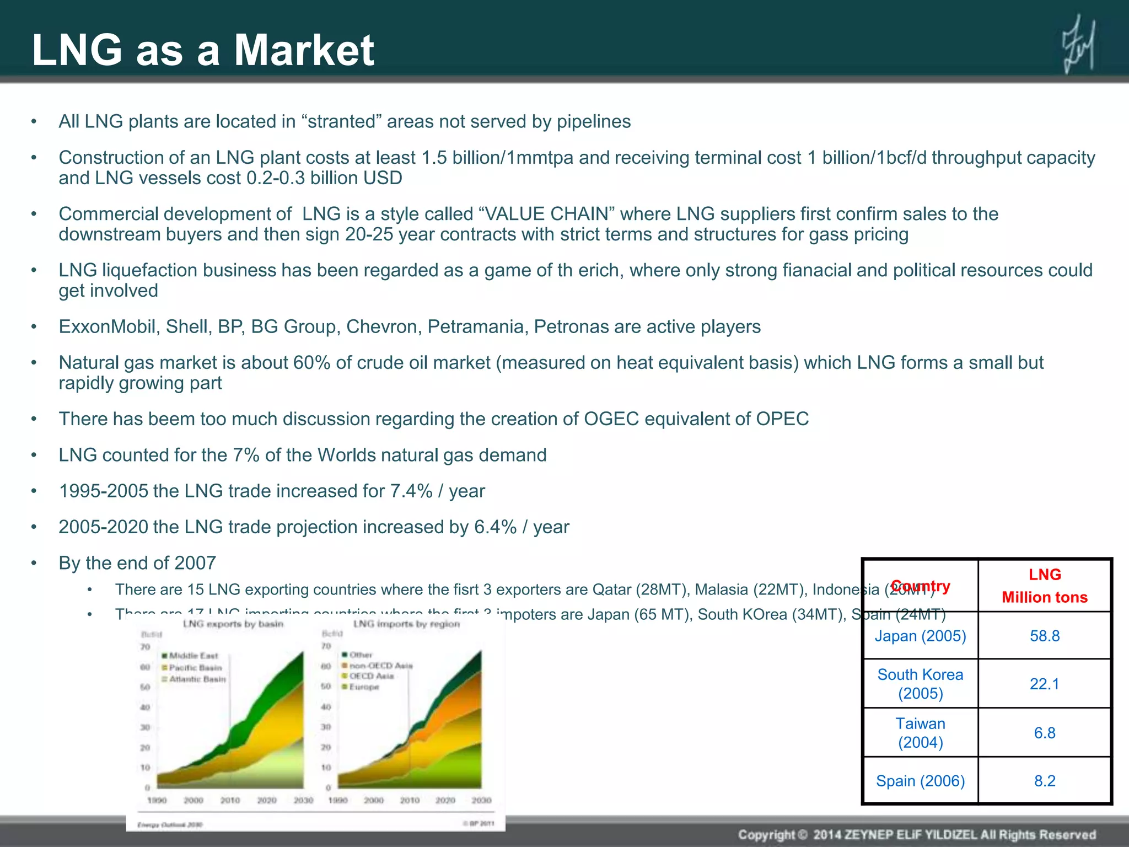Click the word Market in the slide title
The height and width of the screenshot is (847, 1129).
(x=304, y=50)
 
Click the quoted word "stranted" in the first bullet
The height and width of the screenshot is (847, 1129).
(x=342, y=121)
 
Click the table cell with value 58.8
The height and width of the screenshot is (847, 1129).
(x=1044, y=636)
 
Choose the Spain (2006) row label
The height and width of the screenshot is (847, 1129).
(x=920, y=781)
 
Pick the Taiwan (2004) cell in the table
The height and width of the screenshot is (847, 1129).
(x=920, y=733)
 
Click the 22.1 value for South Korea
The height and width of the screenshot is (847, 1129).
(x=1044, y=684)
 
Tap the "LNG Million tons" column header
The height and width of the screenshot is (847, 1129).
(x=1044, y=586)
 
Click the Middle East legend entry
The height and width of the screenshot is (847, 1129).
(x=193, y=656)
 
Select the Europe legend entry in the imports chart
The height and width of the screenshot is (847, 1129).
(x=363, y=687)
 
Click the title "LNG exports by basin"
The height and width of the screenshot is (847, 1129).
(x=233, y=624)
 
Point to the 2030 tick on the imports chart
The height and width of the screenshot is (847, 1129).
(x=481, y=800)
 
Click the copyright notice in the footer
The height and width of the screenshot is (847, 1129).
(x=916, y=834)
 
